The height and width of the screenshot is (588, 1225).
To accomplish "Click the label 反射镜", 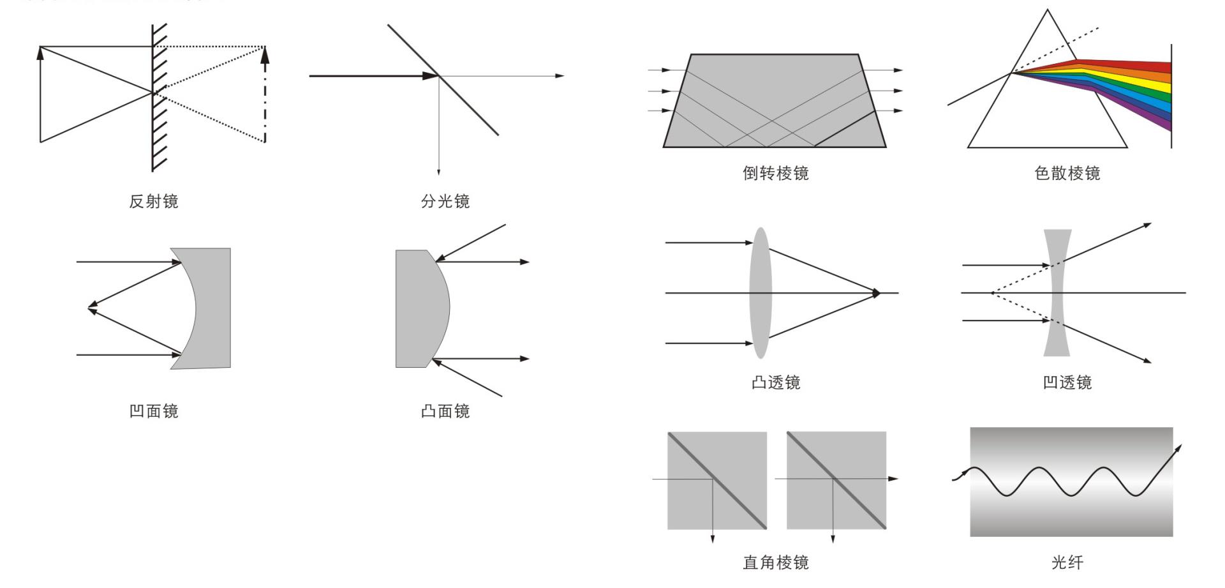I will pos(154,202).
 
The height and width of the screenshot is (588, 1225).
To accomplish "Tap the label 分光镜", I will pos(445,202).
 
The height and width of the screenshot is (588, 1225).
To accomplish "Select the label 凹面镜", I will pos(154,411).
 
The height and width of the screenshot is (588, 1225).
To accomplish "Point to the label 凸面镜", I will pos(445,411).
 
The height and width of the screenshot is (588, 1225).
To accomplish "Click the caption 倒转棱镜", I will pos(775,174).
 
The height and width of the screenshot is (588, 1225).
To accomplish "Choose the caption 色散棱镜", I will pos(1067,174).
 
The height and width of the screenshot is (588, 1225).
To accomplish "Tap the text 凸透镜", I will pos(775,383).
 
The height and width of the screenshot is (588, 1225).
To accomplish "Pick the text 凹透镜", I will pos(1067,383).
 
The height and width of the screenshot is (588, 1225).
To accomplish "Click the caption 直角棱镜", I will pos(775,562).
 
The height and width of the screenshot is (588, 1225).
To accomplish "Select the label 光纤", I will pos(1067,562).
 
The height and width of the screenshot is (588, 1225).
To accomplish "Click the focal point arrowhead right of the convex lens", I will pos(877,293).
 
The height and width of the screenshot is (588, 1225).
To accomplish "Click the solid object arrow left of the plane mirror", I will pos(40,96).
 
